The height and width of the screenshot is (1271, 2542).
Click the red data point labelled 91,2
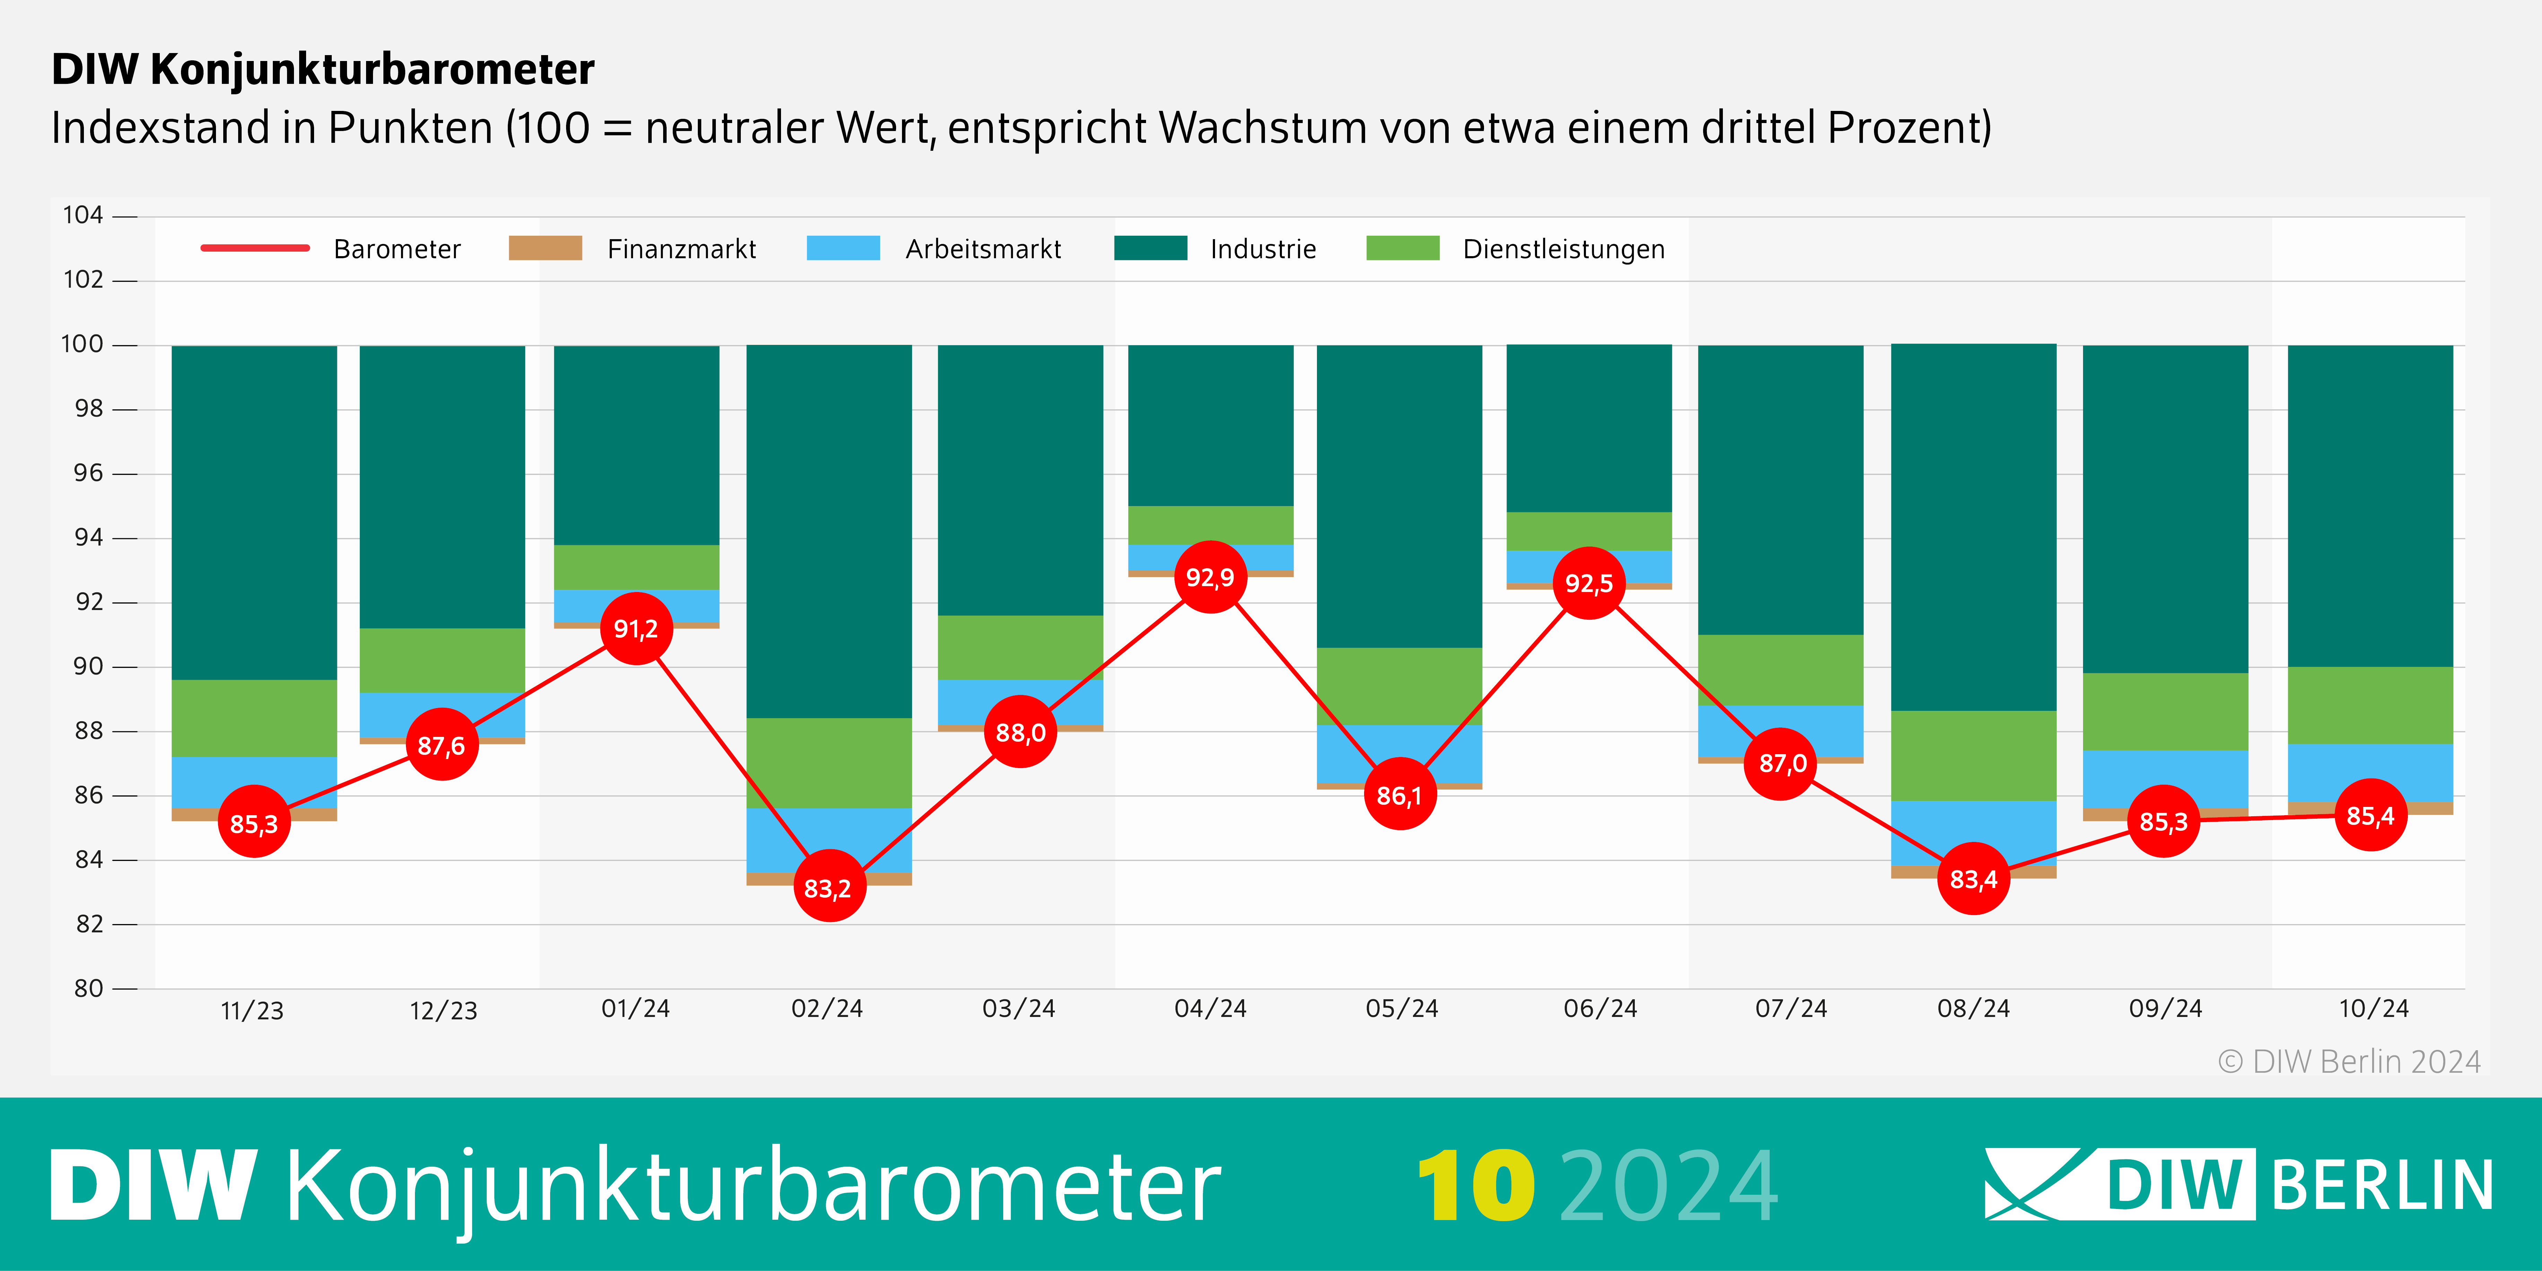pyautogui.click(x=636, y=629)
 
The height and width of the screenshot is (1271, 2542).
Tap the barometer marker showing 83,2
pyautogui.click(x=829, y=887)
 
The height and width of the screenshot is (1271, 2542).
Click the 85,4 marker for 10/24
pyautogui.click(x=2370, y=815)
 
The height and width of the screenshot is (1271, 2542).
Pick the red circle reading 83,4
pyautogui.click(x=1973, y=878)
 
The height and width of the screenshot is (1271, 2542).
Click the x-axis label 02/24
pyautogui.click(x=827, y=1009)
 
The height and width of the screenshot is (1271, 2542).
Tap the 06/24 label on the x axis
pyautogui.click(x=1599, y=1009)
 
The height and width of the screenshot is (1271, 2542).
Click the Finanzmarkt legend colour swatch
pyautogui.click(x=545, y=249)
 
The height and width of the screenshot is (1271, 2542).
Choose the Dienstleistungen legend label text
pyautogui.click(x=1563, y=249)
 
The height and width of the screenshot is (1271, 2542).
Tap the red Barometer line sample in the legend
pyautogui.click(x=254, y=248)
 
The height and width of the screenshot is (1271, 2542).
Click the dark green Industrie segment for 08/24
pyautogui.click(x=1973, y=528)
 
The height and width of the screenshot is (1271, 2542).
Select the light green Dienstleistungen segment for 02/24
pyautogui.click(x=829, y=763)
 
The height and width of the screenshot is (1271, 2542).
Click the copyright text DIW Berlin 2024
pyautogui.click(x=2349, y=1062)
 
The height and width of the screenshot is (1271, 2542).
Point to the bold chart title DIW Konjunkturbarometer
pyautogui.click(x=323, y=69)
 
